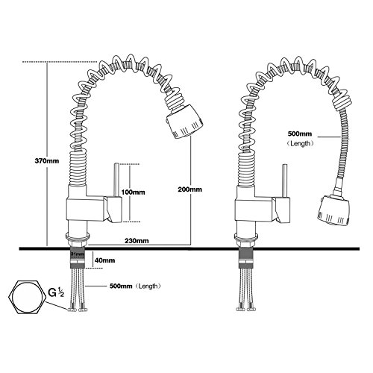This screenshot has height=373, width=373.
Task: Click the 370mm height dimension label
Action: coord(47,161)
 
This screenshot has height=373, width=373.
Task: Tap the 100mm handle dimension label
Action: coord(133,192)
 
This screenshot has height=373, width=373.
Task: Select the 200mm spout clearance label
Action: coord(190,189)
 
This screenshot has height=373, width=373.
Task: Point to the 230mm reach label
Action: coord(137,241)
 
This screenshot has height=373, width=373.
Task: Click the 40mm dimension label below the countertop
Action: coord(105,260)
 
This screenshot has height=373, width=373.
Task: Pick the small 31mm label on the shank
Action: coord(78,254)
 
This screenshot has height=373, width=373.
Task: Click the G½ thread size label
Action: coord(56,292)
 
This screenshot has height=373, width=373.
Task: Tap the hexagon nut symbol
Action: coord(27,298)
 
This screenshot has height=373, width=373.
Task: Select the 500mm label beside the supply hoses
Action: coord(121,286)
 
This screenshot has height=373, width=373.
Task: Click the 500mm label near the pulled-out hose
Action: coord(300,134)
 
